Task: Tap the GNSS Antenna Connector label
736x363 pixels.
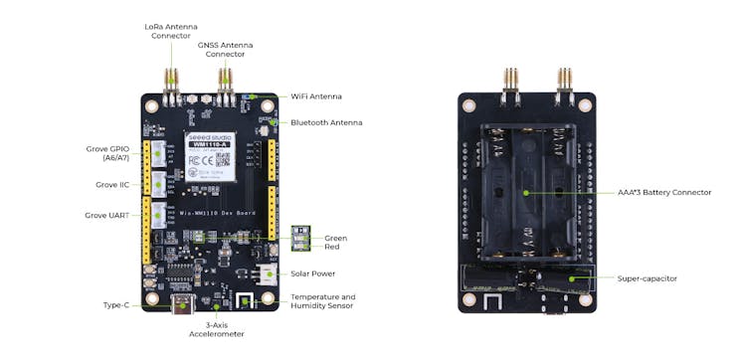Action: click(x=226, y=49)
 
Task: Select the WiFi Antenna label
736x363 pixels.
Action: click(x=316, y=96)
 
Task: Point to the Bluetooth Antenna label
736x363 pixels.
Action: click(x=326, y=122)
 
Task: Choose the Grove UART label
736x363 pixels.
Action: click(x=112, y=215)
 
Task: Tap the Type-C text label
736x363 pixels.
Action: click(x=116, y=305)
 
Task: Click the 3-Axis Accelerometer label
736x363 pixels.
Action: click(x=216, y=329)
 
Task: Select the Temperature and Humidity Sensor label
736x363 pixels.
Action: click(x=322, y=301)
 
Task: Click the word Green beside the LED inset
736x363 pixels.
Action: click(x=336, y=238)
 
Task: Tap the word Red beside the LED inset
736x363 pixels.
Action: click(x=332, y=247)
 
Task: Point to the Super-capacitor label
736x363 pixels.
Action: click(x=646, y=278)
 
